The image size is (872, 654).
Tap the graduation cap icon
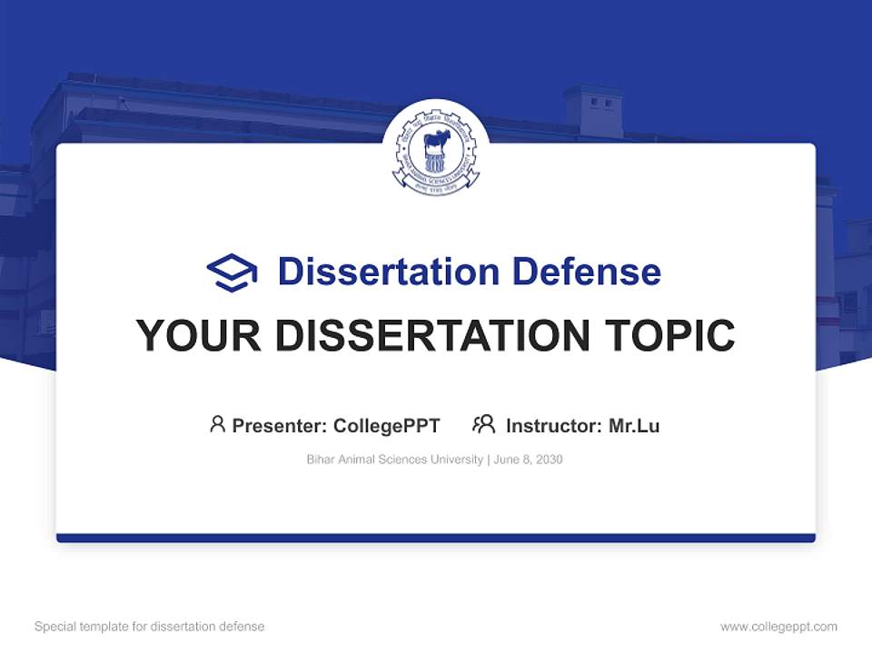pyautogui.click(x=232, y=272)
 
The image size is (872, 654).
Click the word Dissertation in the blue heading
pyautogui.click(x=388, y=272)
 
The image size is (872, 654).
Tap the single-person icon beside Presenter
pyautogui.click(x=217, y=424)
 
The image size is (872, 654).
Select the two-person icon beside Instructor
pyautogui.click(x=483, y=424)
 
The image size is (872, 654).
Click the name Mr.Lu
pyautogui.click(x=634, y=425)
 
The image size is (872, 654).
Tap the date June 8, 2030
pyautogui.click(x=529, y=460)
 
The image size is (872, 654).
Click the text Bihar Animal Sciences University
pyautogui.click(x=395, y=460)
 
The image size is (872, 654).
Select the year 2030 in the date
pyautogui.click(x=549, y=460)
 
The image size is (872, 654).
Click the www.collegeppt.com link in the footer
pyautogui.click(x=778, y=627)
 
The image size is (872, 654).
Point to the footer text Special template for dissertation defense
pyautogui.click(x=149, y=627)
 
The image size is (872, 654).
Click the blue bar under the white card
pyautogui.click(x=435, y=538)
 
